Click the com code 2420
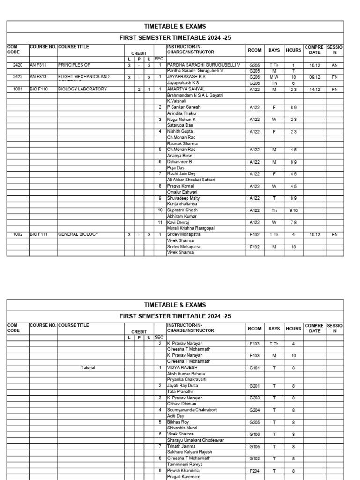coord(18,65)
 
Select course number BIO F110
coord(39,89)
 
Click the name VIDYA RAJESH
coord(182,368)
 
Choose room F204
coord(255,471)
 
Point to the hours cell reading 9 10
coord(293,210)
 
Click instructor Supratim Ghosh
coord(182,210)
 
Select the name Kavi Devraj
coord(180,222)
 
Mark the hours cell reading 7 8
coord(293,223)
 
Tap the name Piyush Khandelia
coord(183,471)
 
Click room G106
coord(255,435)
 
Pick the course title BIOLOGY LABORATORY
coord(82,89)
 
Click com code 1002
coord(18,234)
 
